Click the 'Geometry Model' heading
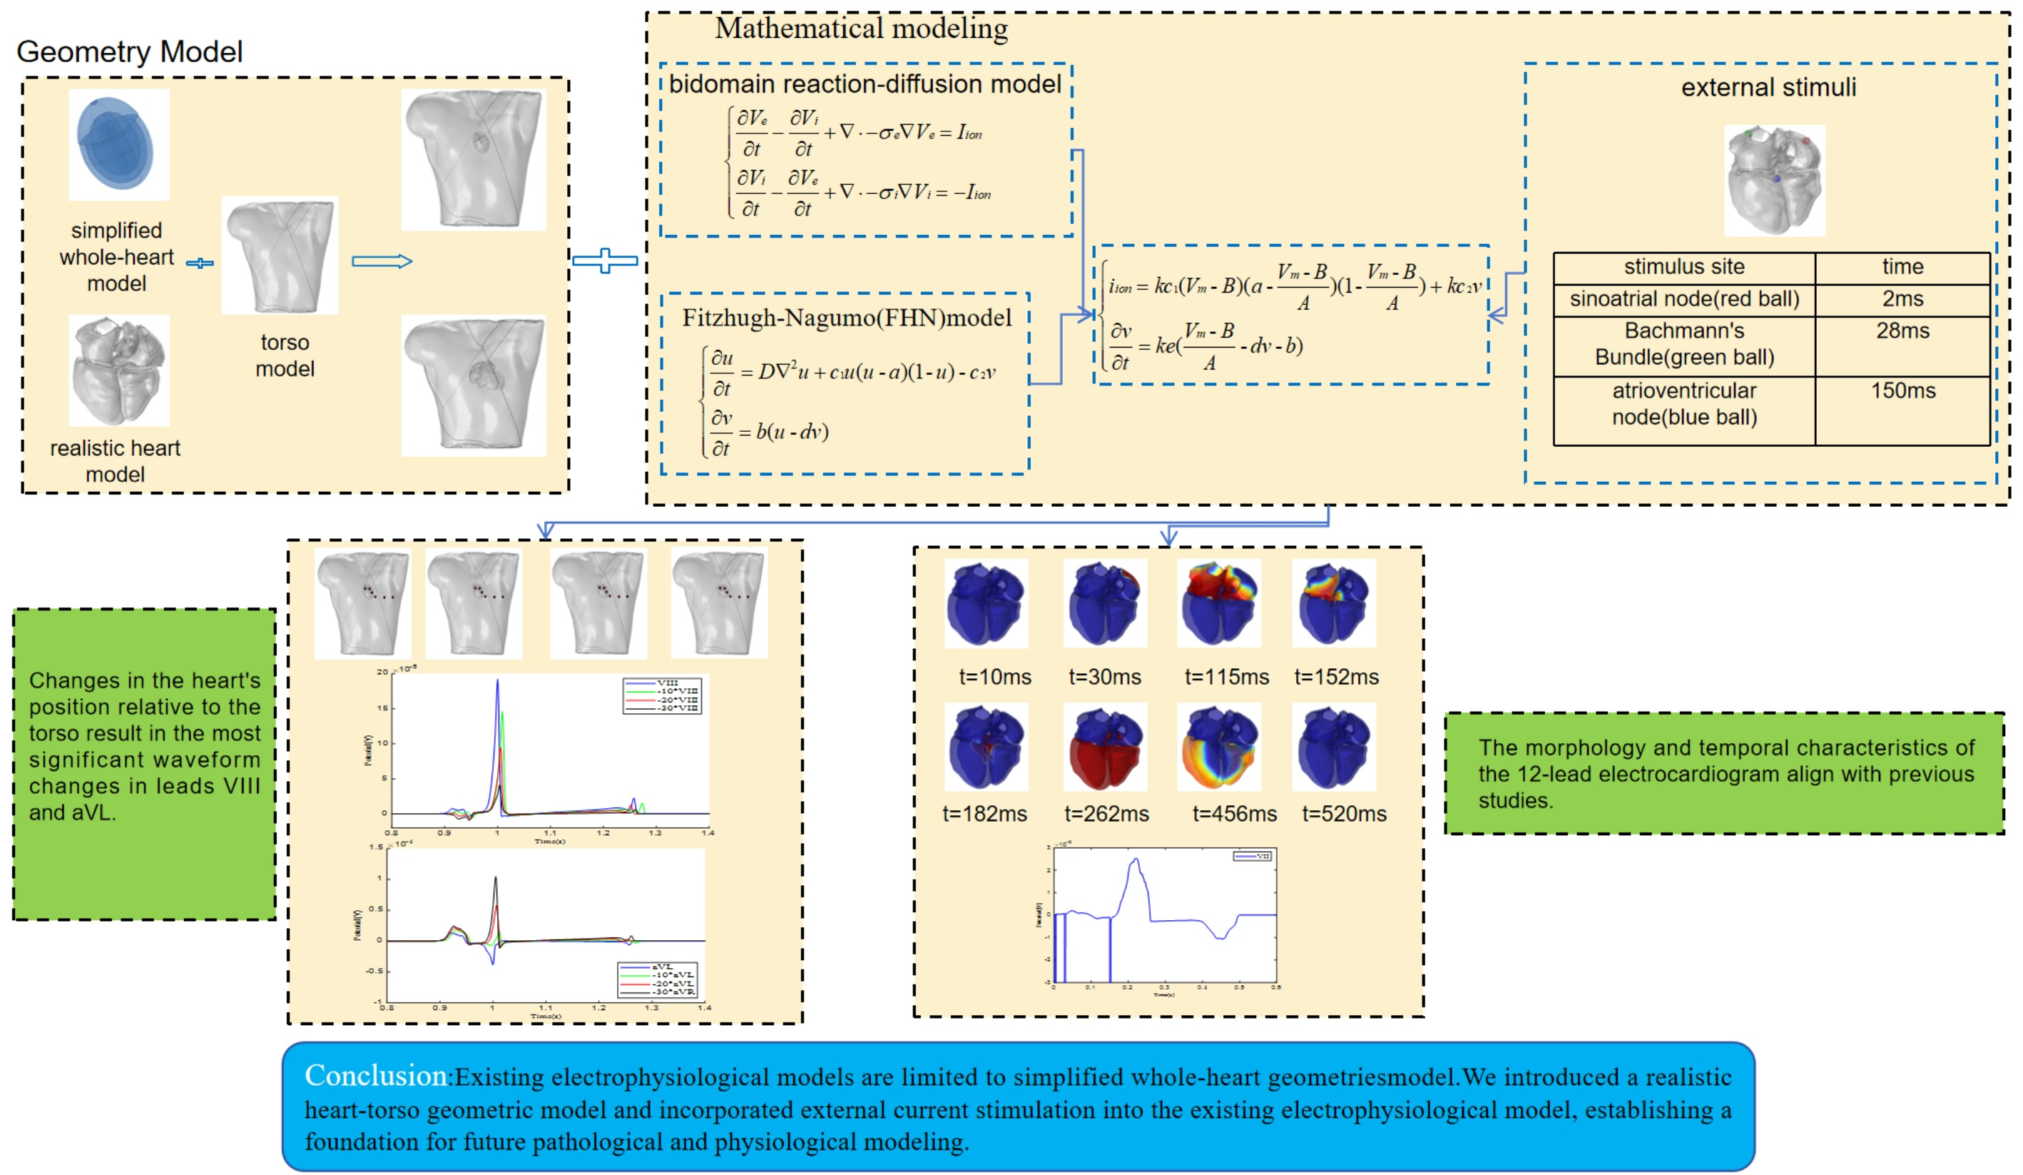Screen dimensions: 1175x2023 pyautogui.click(x=129, y=52)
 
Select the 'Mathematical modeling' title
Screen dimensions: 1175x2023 pyautogui.click(x=862, y=29)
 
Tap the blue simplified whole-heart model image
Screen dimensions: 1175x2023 pyautogui.click(x=119, y=145)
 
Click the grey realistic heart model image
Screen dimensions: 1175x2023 pyautogui.click(x=119, y=370)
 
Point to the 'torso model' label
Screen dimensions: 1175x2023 pyautogui.click(x=285, y=355)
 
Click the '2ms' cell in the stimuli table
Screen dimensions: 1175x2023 pyautogui.click(x=1902, y=300)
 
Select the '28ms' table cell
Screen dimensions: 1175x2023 pyautogui.click(x=1902, y=331)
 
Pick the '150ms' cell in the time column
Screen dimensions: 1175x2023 pyautogui.click(x=1902, y=391)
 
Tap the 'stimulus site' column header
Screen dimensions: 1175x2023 pyautogui.click(x=1683, y=267)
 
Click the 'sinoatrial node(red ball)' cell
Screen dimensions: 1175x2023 pyautogui.click(x=1683, y=300)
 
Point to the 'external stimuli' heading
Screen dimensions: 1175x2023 pyautogui.click(x=1768, y=88)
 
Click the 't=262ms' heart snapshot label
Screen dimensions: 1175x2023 pyautogui.click(x=1106, y=814)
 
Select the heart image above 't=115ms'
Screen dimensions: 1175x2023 pyautogui.click(x=1218, y=603)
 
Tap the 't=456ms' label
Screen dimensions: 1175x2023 pyautogui.click(x=1234, y=814)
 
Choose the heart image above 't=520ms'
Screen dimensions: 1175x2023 pyautogui.click(x=1333, y=747)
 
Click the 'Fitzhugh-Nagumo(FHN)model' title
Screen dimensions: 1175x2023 pyautogui.click(x=846, y=318)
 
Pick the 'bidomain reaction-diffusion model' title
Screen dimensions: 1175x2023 pyautogui.click(x=865, y=84)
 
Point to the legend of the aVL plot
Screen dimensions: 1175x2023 pyautogui.click(x=658, y=979)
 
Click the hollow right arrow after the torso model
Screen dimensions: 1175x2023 pyautogui.click(x=382, y=261)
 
